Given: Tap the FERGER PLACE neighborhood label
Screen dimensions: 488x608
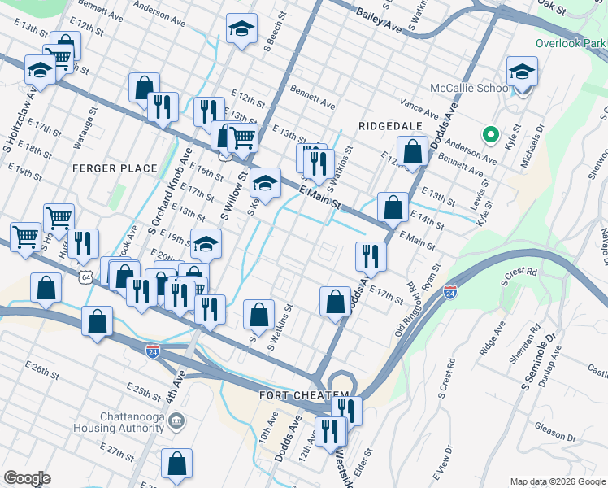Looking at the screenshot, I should (115, 168).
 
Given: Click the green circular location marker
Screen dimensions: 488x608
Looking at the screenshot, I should (489, 135).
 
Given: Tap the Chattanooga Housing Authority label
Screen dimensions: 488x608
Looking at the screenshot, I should (131, 421).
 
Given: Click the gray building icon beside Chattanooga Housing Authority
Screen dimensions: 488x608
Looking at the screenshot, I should (178, 421).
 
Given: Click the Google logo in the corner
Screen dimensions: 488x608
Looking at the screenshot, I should (28, 478).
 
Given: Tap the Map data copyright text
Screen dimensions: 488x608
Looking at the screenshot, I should (557, 481).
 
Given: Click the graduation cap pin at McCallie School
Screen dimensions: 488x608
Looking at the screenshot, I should (522, 72).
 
